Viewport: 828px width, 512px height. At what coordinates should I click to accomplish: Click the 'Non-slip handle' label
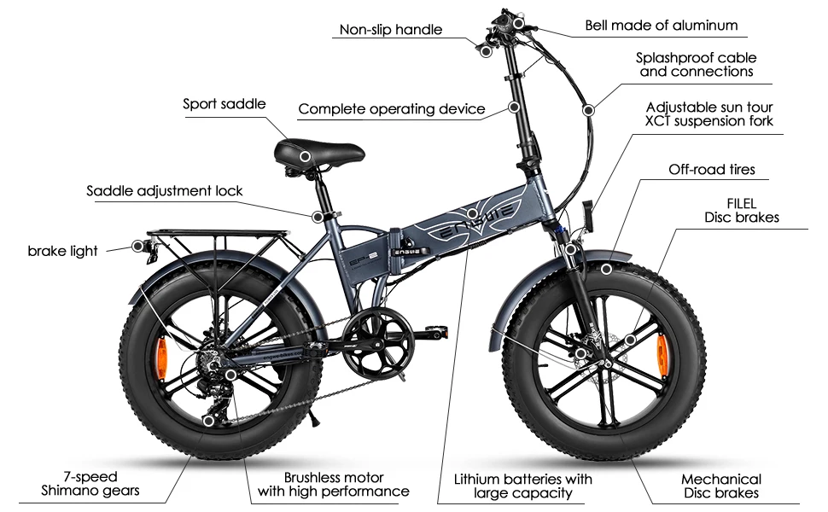coord(391,30)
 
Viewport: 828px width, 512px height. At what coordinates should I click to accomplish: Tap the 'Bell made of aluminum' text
coord(662,26)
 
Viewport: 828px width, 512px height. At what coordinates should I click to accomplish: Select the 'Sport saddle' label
coord(224,104)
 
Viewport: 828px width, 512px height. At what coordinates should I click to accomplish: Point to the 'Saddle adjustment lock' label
coord(165,190)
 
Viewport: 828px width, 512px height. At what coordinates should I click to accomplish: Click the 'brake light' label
coord(62,251)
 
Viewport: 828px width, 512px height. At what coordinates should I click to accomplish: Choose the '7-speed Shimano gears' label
coord(90,484)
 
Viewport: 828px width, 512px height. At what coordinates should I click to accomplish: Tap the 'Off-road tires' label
coord(711,170)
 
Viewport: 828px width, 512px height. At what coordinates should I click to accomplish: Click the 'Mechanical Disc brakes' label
coord(720,486)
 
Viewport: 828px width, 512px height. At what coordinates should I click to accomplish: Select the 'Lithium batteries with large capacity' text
coord(523,485)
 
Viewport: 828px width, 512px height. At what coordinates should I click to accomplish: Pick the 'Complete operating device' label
coord(392,109)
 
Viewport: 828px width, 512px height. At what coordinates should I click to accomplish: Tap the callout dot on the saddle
coord(306,156)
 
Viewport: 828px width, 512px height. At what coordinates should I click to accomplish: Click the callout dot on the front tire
coord(606,269)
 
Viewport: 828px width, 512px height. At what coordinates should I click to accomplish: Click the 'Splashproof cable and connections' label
coord(696,65)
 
